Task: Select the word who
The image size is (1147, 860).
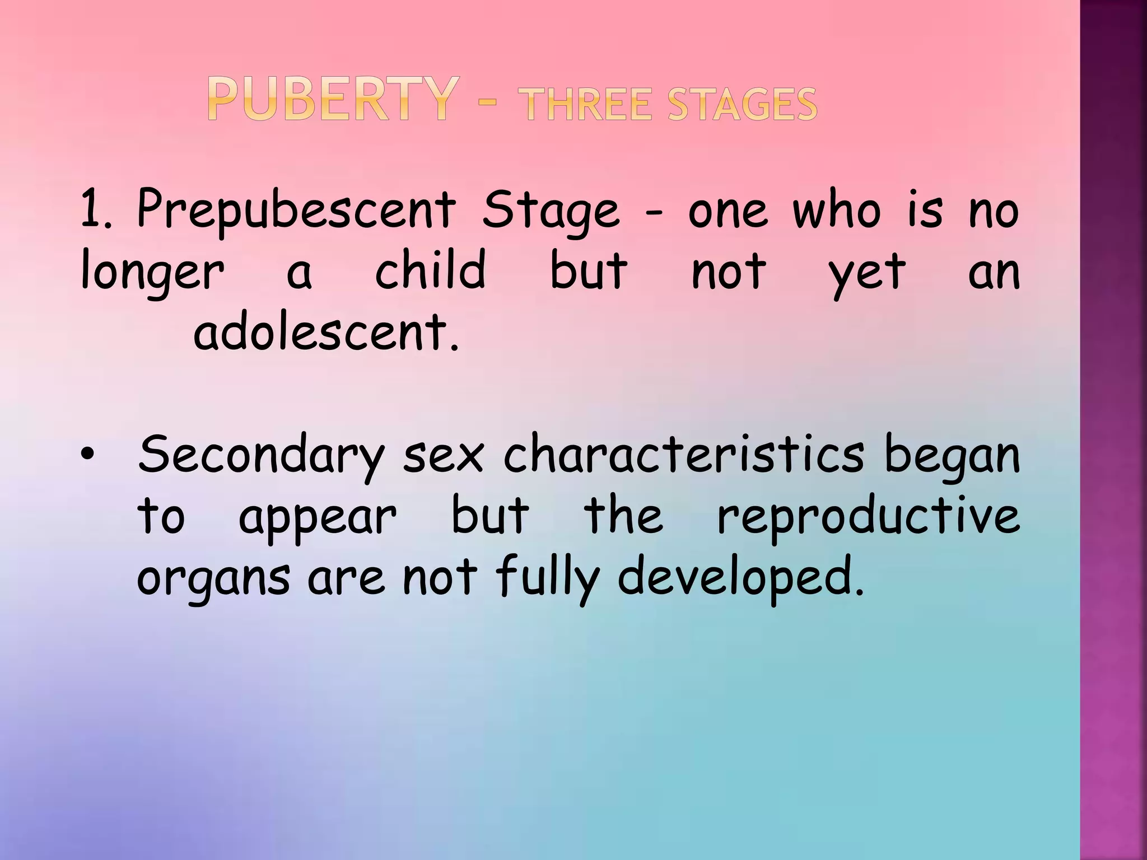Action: click(x=837, y=211)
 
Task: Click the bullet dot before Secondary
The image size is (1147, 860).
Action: click(x=86, y=454)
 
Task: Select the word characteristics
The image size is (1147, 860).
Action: click(x=684, y=454)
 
